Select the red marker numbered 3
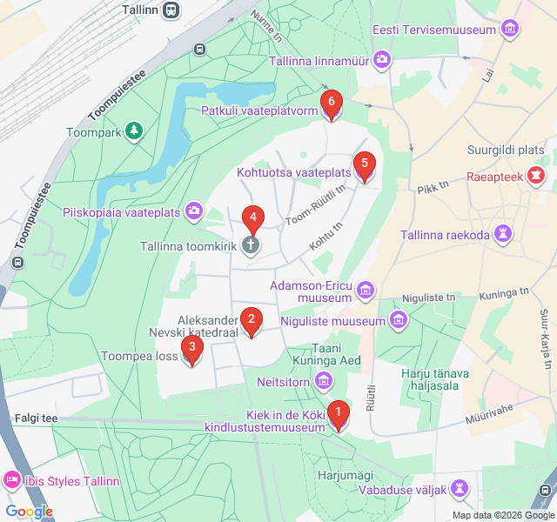pyautogui.click(x=191, y=349)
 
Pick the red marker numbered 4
pyautogui.click(x=252, y=217)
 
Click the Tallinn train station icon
pyautogui.click(x=171, y=10)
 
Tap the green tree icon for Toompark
pyautogui.click(x=133, y=131)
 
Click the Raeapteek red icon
pyautogui.click(x=537, y=176)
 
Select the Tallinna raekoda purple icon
pyautogui.click(x=502, y=233)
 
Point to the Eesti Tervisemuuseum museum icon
pyautogui.click(x=510, y=30)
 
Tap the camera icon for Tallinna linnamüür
pyautogui.click(x=381, y=59)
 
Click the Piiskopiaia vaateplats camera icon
pyautogui.click(x=194, y=211)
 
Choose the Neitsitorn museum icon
pyautogui.click(x=324, y=380)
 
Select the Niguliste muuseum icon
pyautogui.click(x=399, y=320)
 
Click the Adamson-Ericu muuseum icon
pyautogui.click(x=365, y=289)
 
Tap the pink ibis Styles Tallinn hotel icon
pyautogui.click(x=12, y=479)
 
